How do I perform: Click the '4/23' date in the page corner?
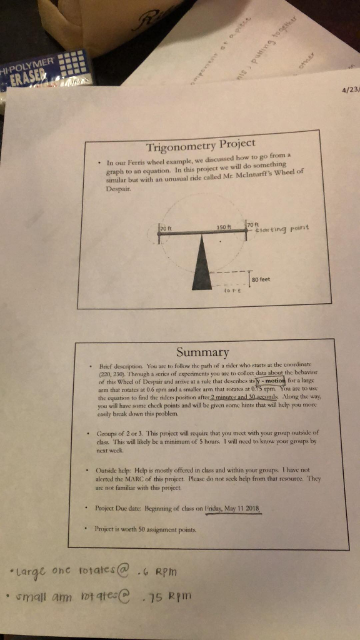tap(350, 89)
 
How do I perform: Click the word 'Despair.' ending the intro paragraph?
tap(116, 187)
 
